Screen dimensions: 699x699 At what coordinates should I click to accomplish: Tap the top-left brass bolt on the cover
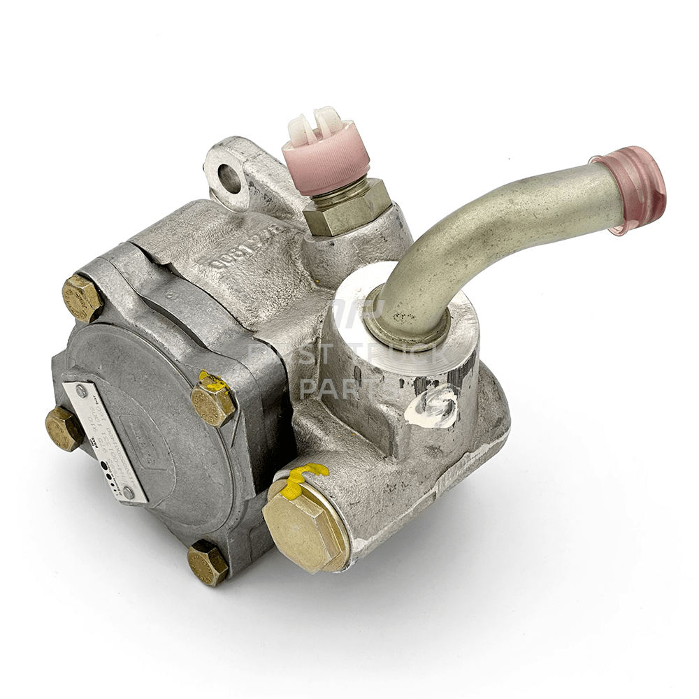(x=82, y=298)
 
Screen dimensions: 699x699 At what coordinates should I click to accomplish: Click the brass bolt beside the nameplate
(x=64, y=428)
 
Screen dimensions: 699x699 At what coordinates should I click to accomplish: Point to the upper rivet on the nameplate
(x=81, y=391)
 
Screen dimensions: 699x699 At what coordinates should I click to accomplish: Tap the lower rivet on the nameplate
(x=127, y=492)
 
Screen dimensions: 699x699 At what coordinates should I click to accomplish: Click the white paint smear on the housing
(x=432, y=409)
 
